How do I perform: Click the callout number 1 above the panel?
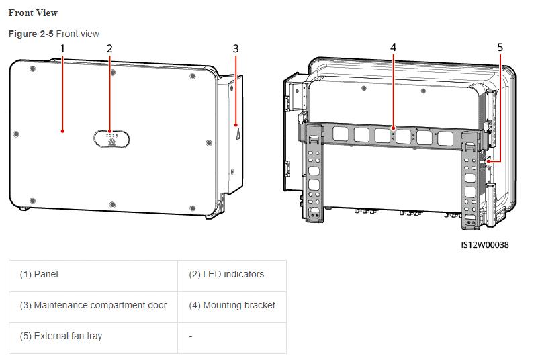click(62, 49)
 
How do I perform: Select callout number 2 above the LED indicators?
click(109, 49)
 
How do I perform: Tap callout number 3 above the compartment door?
click(235, 49)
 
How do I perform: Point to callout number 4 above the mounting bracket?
click(393, 48)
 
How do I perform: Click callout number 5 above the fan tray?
click(500, 48)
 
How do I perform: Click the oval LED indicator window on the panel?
click(111, 139)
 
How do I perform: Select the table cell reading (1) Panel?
click(93, 276)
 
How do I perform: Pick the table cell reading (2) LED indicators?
click(232, 276)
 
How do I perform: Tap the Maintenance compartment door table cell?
click(93, 307)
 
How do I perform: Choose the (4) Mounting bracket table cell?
click(232, 307)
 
